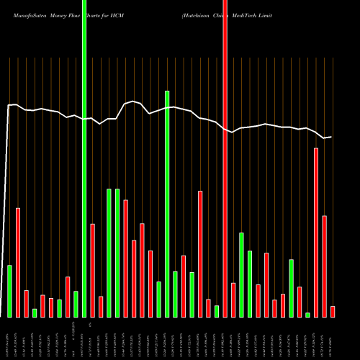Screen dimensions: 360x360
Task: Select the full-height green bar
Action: (84, 158)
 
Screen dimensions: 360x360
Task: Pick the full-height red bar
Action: (225, 158)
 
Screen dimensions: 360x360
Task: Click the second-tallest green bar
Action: (167, 204)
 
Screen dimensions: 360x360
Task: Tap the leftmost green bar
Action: (10, 291)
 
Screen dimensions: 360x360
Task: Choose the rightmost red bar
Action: (333, 311)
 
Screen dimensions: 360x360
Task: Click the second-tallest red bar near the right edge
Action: (316, 232)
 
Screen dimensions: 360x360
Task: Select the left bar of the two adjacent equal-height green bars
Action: (109, 253)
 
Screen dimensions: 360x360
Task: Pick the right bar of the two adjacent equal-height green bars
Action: (117, 253)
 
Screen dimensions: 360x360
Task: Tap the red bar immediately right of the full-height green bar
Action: (93, 270)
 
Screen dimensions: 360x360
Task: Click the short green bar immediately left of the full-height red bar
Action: (217, 311)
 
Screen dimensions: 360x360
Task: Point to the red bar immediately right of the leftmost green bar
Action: (18, 262)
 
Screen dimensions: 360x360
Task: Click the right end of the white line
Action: (331, 137)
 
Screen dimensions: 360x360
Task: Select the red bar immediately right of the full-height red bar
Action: (233, 300)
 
